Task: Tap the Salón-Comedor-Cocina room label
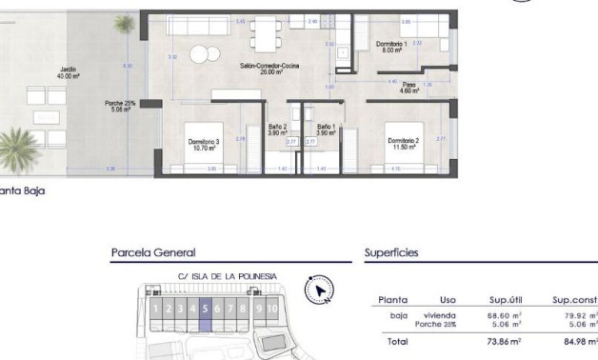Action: coord(269,69)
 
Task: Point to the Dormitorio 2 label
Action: coord(404,144)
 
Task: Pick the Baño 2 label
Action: coord(278,130)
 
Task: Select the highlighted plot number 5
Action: coord(205,309)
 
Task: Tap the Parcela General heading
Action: coord(153,253)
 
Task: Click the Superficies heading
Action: coord(391,253)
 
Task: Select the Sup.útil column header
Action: coord(503,299)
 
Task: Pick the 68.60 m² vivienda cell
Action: coord(504,314)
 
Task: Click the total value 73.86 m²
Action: coord(503,341)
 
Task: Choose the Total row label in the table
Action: coord(392,341)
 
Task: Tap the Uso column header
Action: coord(448,299)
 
